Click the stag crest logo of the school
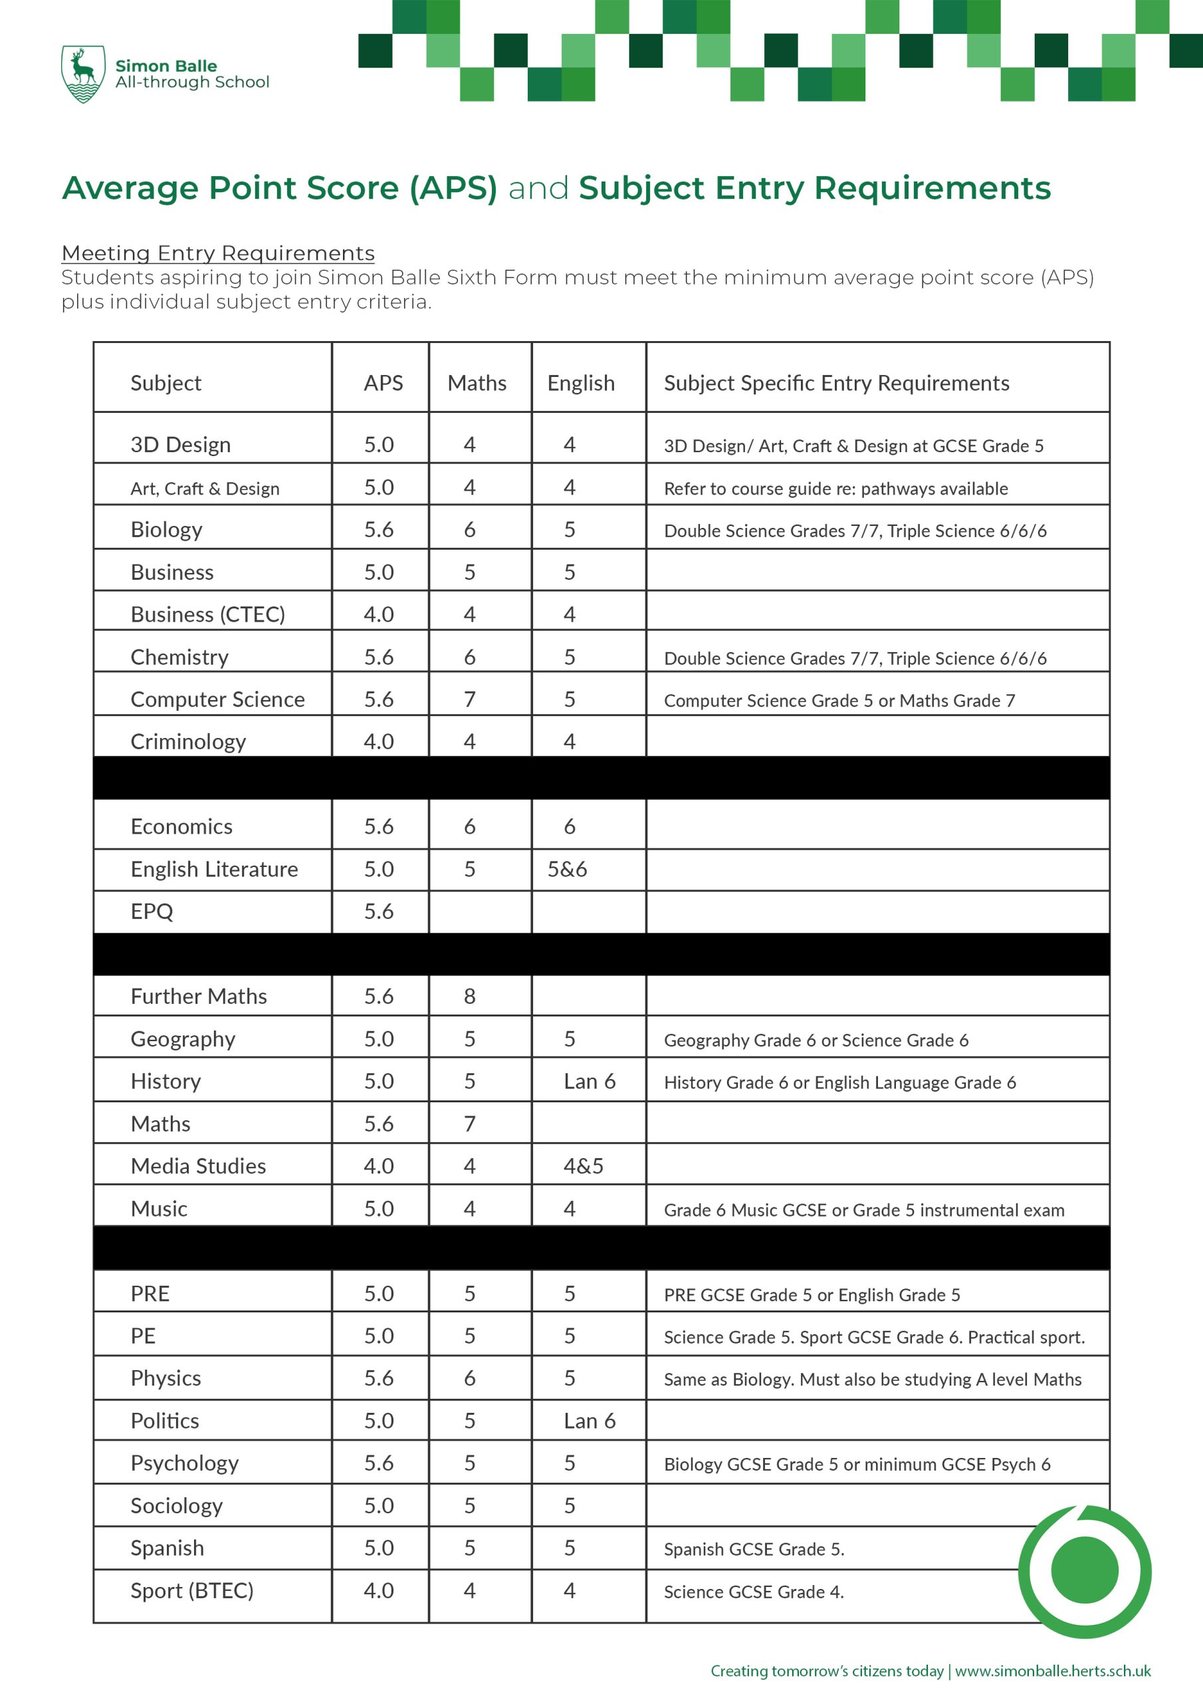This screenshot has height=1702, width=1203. (82, 73)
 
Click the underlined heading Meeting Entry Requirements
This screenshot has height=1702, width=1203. (218, 253)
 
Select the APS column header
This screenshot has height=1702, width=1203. (383, 382)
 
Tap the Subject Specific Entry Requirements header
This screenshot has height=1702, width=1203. (836, 382)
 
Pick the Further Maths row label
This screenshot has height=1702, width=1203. (199, 997)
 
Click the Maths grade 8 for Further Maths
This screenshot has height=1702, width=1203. (469, 997)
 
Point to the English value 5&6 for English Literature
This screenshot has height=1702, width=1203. (567, 869)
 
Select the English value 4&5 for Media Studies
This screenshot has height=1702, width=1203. (584, 1166)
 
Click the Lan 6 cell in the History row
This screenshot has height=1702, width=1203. (590, 1082)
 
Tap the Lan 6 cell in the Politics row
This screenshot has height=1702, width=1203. (590, 1421)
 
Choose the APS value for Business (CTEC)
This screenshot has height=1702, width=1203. (379, 614)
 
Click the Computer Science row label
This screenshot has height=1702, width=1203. (217, 700)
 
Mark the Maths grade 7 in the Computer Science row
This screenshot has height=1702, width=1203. (469, 700)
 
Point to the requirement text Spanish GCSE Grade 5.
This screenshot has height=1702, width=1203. (754, 1549)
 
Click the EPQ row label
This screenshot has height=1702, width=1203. (152, 911)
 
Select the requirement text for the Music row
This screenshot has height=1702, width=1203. (863, 1210)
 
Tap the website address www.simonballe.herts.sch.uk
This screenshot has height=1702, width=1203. (1053, 1671)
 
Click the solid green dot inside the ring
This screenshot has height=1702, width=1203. (1085, 1571)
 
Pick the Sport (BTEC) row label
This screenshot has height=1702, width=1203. (191, 1591)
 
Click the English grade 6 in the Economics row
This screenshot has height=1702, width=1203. (569, 826)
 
